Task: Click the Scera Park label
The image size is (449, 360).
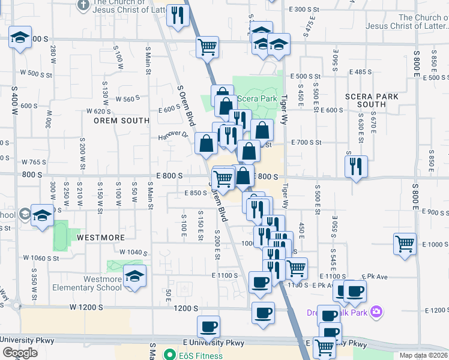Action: coord(257,98)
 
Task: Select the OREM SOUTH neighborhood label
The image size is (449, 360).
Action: coord(121,120)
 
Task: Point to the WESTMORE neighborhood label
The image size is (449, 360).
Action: coord(101,238)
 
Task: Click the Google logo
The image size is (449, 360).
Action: coord(20,353)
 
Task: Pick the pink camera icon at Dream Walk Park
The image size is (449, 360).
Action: coord(376,312)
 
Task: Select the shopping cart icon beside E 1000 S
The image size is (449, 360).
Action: coord(405,244)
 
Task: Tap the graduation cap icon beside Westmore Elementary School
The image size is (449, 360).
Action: coord(134,277)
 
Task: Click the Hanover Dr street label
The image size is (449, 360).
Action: coord(173,135)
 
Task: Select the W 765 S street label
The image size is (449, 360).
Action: coord(34,162)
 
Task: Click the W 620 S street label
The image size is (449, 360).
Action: coord(99,111)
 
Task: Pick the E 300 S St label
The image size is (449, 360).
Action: coord(305,10)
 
